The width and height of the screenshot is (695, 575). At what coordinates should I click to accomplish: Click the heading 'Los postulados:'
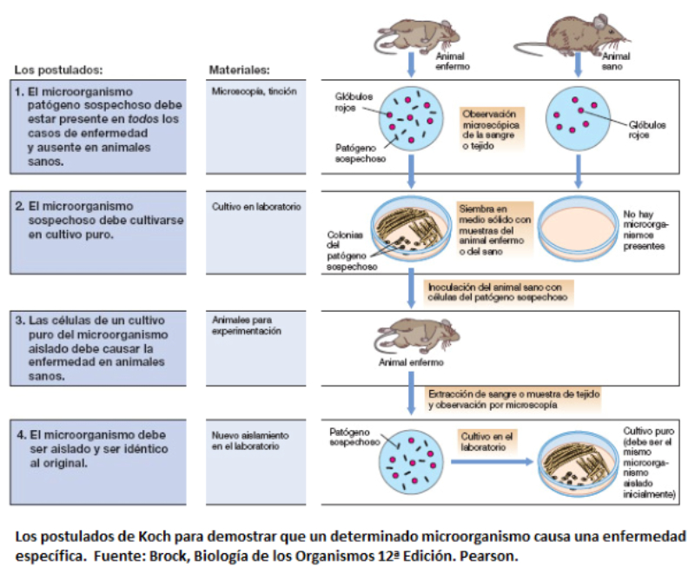(x=58, y=70)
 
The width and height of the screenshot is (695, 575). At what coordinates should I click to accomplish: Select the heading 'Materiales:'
(x=240, y=70)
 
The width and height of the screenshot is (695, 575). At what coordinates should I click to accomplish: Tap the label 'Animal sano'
(x=615, y=61)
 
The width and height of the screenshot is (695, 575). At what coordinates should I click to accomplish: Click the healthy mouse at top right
(x=573, y=35)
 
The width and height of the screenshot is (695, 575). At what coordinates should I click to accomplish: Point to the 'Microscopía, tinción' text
(x=254, y=91)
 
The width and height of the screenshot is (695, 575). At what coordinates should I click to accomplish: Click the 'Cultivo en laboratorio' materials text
(x=256, y=207)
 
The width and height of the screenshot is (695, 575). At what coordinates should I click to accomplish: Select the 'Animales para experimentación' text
(x=247, y=325)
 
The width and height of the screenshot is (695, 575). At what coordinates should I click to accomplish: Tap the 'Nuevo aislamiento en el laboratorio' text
(x=250, y=440)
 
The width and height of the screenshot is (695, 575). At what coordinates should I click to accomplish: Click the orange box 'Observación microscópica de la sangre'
(x=492, y=129)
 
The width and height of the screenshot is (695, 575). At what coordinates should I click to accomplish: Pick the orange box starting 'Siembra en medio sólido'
(x=494, y=230)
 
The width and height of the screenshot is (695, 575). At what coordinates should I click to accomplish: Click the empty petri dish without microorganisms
(x=578, y=230)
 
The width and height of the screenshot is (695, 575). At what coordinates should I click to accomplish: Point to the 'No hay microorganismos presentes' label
(x=645, y=230)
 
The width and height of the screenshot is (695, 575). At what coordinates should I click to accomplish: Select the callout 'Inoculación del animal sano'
(x=498, y=293)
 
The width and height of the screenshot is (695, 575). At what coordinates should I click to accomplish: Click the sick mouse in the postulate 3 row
(x=416, y=335)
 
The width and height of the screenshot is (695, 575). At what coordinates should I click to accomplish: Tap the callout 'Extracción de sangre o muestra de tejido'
(x=513, y=400)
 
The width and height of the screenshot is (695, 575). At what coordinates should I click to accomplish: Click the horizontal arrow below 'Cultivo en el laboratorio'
(x=492, y=461)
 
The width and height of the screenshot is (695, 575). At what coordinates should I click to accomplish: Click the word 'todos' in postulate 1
(x=143, y=119)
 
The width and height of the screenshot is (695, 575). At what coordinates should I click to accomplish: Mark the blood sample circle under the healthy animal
(x=578, y=117)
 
